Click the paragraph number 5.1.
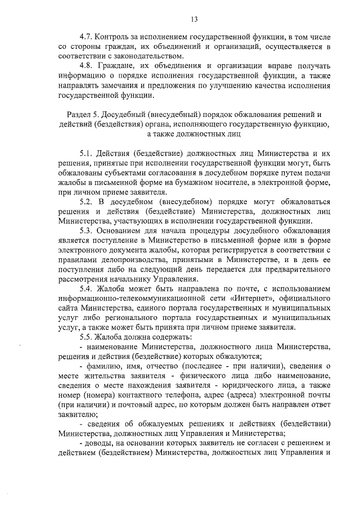(87, 152)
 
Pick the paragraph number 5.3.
(87, 231)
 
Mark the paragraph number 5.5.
(87, 337)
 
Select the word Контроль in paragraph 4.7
(118, 35)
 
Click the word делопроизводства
(125, 263)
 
